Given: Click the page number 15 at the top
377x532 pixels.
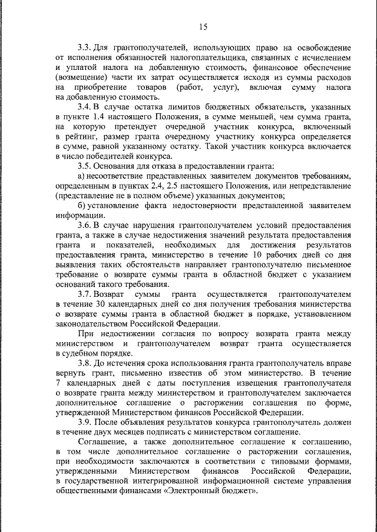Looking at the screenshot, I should coord(203,26).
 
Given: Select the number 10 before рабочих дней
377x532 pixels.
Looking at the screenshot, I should coord(257,255).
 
